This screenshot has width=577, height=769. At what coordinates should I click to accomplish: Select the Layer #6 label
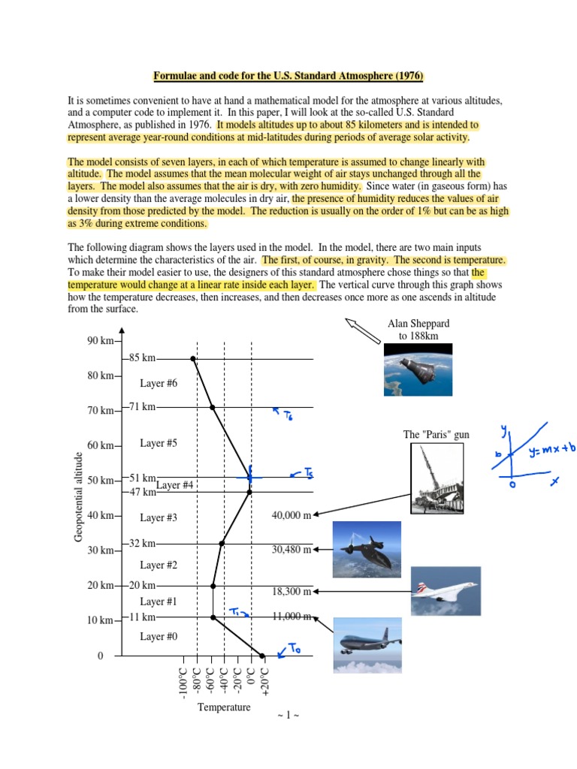(159, 383)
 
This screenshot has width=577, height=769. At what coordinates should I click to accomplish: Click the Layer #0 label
(159, 636)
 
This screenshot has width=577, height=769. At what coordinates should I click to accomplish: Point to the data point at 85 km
(193, 359)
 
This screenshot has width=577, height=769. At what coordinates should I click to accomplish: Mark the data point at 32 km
(221, 543)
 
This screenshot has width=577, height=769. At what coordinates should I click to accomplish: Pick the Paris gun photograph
(437, 478)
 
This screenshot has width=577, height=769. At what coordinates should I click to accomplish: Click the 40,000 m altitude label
(291, 514)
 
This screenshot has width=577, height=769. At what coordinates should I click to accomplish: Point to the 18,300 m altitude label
(291, 591)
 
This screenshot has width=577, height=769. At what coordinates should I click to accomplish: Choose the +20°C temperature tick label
(264, 680)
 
